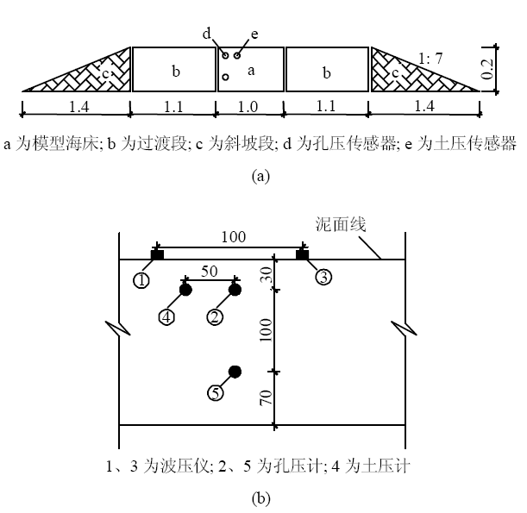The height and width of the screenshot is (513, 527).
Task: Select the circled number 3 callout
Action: (x=322, y=278)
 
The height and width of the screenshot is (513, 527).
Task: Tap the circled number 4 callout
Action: (x=167, y=316)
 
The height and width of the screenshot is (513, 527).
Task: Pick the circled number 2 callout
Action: (x=215, y=316)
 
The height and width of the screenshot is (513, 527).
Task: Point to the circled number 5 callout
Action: (x=216, y=393)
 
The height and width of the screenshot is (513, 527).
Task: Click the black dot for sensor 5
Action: (x=234, y=372)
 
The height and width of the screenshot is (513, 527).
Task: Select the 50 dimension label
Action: (x=210, y=271)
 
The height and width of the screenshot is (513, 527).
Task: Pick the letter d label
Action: (x=207, y=34)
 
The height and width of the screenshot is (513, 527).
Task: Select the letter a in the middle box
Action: (x=251, y=72)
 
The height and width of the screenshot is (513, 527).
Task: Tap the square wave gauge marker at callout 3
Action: (x=303, y=254)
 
